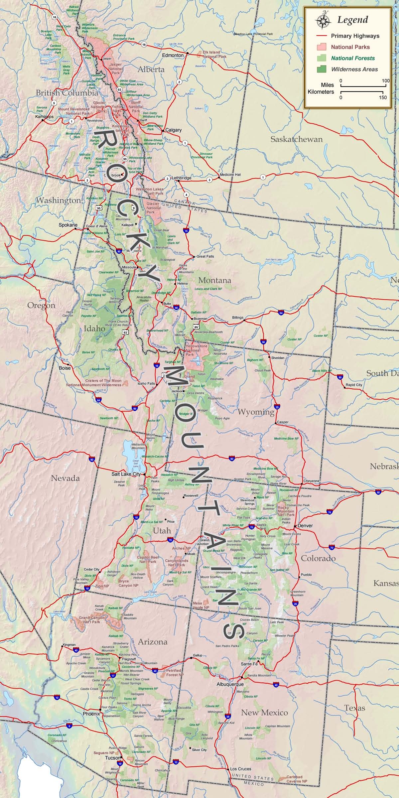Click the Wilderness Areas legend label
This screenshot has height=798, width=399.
354,69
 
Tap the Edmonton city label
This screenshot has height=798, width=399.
173,55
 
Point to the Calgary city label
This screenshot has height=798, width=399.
174,130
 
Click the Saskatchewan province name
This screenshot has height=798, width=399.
296,139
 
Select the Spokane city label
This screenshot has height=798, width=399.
68,225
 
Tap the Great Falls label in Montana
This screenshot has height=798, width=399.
205,256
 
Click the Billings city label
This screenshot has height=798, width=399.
238,318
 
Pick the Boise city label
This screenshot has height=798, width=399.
65,368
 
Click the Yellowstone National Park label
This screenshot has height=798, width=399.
196,350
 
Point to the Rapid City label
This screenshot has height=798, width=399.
354,385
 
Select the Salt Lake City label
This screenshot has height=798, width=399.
126,474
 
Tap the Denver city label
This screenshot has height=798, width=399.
305,526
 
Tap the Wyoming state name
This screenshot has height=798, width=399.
256,412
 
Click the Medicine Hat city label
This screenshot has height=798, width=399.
230,174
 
